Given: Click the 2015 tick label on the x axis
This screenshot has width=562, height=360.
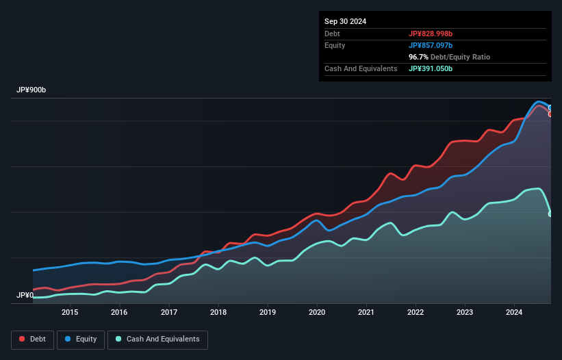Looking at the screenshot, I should pyautogui.click(x=70, y=313).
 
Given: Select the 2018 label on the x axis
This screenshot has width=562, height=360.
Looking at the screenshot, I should pyautogui.click(x=218, y=313).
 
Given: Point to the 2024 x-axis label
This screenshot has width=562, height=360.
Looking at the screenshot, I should pyautogui.click(x=515, y=313).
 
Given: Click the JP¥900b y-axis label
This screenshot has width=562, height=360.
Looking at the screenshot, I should pyautogui.click(x=31, y=90).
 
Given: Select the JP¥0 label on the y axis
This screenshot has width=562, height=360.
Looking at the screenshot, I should pyautogui.click(x=25, y=296).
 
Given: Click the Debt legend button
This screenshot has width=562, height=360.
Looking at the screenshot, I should pyautogui.click(x=31, y=339).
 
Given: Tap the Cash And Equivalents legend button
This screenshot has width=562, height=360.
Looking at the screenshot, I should pyautogui.click(x=157, y=339).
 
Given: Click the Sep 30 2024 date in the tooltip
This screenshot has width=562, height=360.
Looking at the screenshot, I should pyautogui.click(x=345, y=21).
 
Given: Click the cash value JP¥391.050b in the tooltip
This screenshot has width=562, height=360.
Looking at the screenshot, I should pyautogui.click(x=431, y=68).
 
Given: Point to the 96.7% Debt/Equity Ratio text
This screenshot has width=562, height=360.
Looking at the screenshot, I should pyautogui.click(x=449, y=57).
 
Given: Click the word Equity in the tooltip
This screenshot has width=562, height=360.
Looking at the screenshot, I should pyautogui.click(x=335, y=45).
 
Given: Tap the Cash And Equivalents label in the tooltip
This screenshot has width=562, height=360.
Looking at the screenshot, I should pyautogui.click(x=361, y=68).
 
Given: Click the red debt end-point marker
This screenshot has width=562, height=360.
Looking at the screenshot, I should pyautogui.click(x=550, y=114).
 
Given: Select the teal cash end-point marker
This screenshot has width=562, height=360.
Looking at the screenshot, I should pyautogui.click(x=550, y=214).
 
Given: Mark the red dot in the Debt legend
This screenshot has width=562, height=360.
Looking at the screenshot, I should pyautogui.click(x=23, y=339).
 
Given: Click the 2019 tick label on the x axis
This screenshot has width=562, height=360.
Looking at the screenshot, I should pyautogui.click(x=268, y=313).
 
